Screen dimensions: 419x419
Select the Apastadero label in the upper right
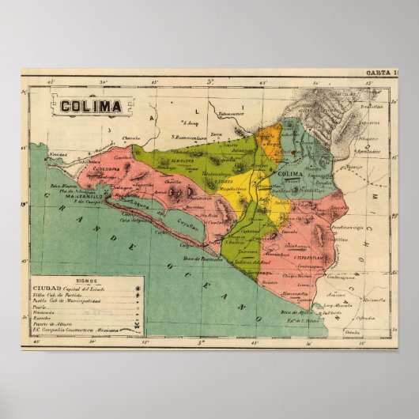[x=364, y=149]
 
